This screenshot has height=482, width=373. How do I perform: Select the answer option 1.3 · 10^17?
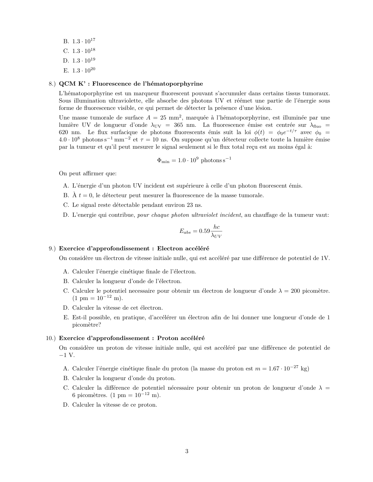(84, 41)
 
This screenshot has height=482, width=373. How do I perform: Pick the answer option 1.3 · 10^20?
(84, 70)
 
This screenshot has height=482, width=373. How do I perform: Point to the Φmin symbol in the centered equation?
(163, 160)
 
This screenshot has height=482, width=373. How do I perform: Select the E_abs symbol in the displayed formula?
(185, 231)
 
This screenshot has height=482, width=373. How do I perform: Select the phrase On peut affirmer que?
(88, 174)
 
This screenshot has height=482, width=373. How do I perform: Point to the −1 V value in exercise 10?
(67, 355)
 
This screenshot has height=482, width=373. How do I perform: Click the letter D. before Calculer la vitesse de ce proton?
(66, 405)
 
